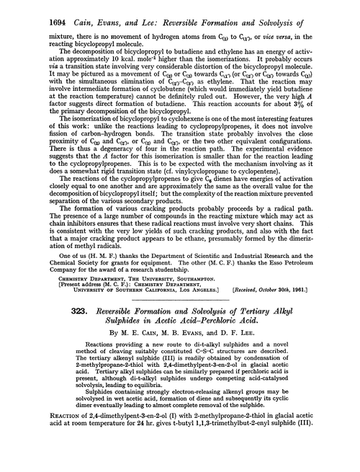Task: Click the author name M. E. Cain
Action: click(131, 351)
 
